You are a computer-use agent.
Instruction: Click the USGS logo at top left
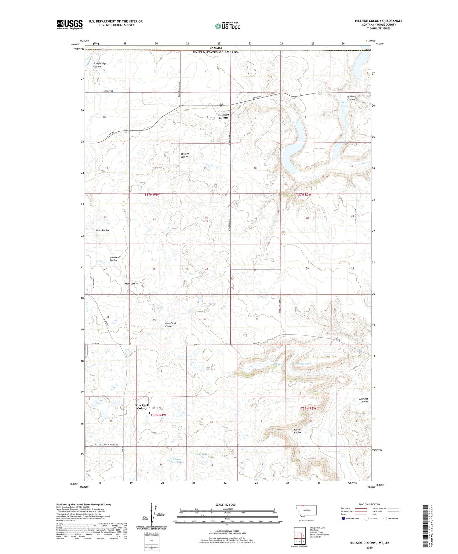70,24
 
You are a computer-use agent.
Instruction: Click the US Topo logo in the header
228,26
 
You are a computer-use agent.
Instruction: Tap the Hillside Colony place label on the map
223,116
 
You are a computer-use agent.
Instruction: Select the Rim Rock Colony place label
142,406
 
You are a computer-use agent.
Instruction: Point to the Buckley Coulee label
184,155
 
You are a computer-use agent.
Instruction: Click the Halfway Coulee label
351,98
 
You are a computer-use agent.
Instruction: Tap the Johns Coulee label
102,230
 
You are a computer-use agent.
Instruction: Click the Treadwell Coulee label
115,259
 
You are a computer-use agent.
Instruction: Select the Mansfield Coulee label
170,325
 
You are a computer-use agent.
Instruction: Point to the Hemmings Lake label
301,364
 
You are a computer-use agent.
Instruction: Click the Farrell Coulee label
298,431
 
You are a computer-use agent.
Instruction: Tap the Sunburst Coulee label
363,400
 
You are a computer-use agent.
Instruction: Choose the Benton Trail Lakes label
177,460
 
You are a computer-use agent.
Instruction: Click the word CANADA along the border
216,48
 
